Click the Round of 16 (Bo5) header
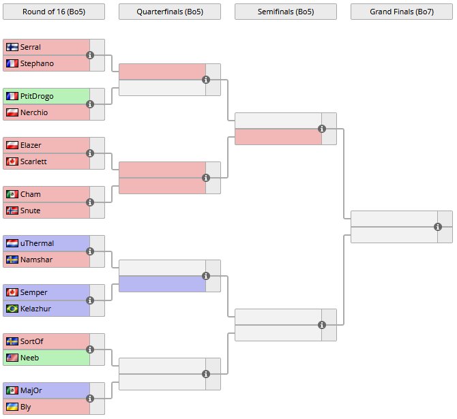tap(54, 12)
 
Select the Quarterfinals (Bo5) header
tap(170, 12)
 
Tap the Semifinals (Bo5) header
tap(286, 12)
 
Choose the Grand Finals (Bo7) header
tap(402, 12)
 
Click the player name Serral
tap(31, 47)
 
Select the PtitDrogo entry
tap(37, 96)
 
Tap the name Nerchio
tap(34, 112)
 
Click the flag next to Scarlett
tap(12, 161)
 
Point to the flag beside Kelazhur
tap(12, 309)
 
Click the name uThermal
tap(37, 243)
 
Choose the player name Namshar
tap(36, 260)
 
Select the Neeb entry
tap(30, 358)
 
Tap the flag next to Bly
tap(12, 407)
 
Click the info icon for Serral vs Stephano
tap(90, 55)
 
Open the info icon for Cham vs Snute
tap(90, 202)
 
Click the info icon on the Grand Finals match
tap(438, 227)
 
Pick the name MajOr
tap(31, 390)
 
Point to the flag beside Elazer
tap(12, 145)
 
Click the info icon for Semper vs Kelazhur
tap(90, 300)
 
